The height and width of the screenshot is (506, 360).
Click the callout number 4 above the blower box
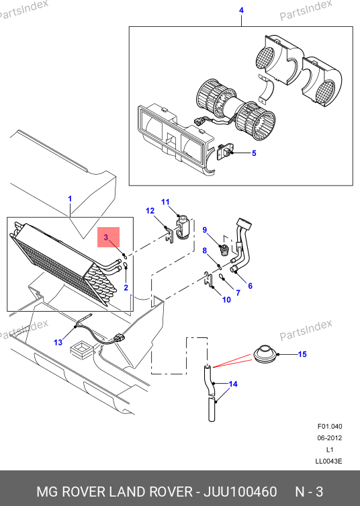(x=241, y=10)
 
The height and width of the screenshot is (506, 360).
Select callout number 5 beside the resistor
(x=254, y=153)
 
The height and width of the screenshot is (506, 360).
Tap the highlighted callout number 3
(x=106, y=237)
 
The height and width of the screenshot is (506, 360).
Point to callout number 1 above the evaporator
(x=70, y=199)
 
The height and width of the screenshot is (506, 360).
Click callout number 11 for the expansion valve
(x=165, y=202)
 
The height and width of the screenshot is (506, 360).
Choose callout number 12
(x=150, y=211)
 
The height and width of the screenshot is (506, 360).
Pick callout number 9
(x=205, y=230)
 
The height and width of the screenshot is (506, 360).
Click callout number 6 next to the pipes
(x=251, y=286)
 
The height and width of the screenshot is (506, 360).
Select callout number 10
(x=226, y=300)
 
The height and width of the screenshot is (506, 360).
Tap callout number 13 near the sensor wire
(x=58, y=343)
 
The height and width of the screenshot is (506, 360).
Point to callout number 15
(x=302, y=354)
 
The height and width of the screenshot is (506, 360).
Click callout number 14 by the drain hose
(x=233, y=384)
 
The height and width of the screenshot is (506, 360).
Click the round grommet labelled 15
(x=265, y=353)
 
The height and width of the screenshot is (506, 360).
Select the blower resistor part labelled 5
(x=225, y=153)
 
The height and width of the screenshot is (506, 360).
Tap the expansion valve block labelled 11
(x=183, y=228)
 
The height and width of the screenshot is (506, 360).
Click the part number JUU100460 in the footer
(x=240, y=492)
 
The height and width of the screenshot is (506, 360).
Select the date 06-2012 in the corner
(x=329, y=438)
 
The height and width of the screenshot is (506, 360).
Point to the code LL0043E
(x=328, y=461)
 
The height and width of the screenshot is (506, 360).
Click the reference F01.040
(x=330, y=426)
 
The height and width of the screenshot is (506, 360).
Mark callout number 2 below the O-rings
(x=126, y=288)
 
